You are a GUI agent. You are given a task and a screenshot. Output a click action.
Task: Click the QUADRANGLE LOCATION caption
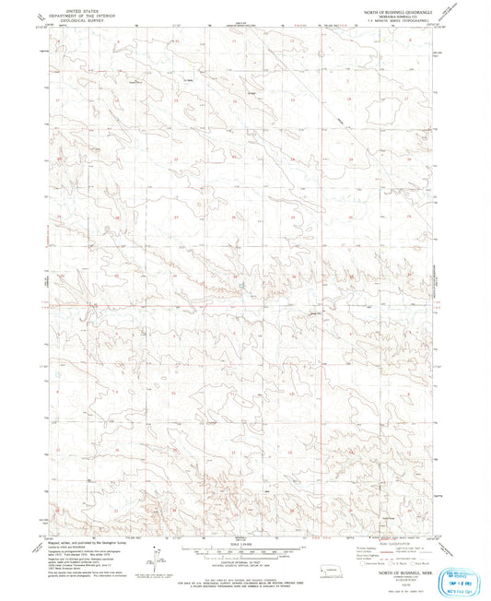(323, 564)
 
